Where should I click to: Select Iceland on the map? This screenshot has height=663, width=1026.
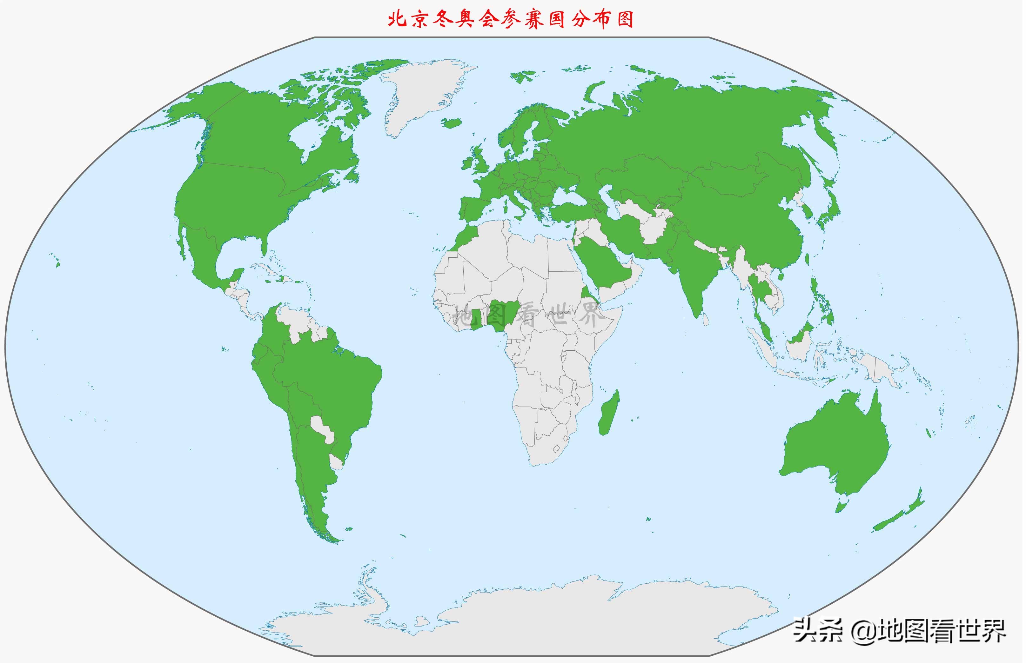click(452, 123)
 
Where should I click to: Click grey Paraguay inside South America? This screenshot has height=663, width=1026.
click(322, 428)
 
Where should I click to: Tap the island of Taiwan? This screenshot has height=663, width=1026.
click(807, 259)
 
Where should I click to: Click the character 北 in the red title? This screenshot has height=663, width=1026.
click(397, 19)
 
